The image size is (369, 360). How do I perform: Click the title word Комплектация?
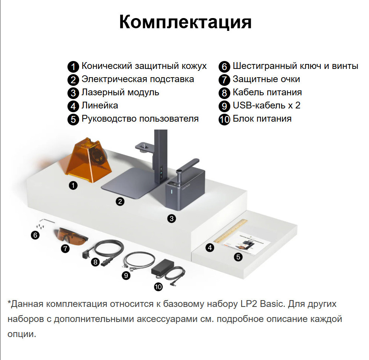pos(185,22)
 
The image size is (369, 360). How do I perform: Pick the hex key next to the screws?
pos(47,221)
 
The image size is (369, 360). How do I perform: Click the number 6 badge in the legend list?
pos(224,67)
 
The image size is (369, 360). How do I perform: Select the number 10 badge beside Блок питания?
pos(224,119)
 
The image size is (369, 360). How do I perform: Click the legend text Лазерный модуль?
pos(120,93)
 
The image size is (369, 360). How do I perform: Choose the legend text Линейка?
pos(100,105)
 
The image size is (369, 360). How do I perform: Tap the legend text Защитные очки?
pos(266,79)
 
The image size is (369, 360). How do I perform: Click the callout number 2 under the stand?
pos(120,201)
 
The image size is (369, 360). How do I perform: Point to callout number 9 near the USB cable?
pos(126,275)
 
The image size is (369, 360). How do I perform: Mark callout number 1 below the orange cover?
pos(73,185)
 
